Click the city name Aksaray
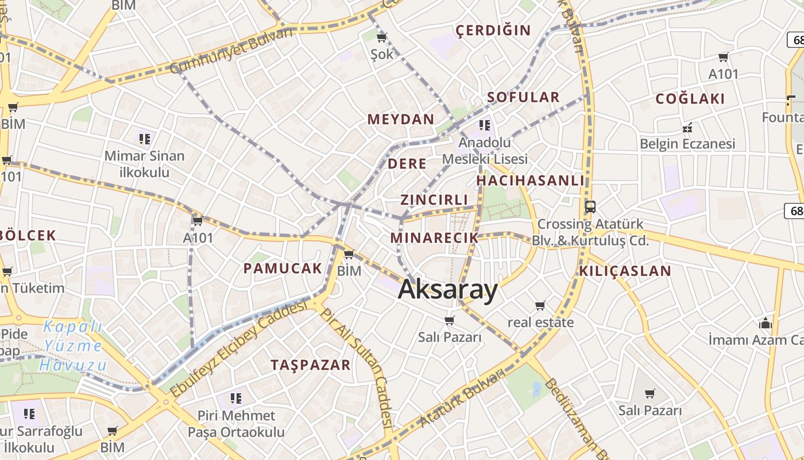pos(448,290)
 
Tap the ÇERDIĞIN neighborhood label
pos(493,30)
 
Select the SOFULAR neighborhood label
pos(523,97)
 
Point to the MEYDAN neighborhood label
pos(401,120)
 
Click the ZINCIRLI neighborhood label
pos(435,200)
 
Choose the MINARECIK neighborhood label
pos(434,238)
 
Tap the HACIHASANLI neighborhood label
pos(530,181)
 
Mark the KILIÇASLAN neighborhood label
pos(625,271)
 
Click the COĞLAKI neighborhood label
pos(690,99)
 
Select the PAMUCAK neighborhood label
pos(283,268)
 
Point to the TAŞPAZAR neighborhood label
pos(310,365)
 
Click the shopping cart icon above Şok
pos(381,38)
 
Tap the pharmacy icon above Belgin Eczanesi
pos(686,127)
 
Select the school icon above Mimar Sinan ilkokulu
pos(144,139)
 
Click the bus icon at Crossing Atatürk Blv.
pos(590,206)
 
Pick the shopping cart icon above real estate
pos(540,305)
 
